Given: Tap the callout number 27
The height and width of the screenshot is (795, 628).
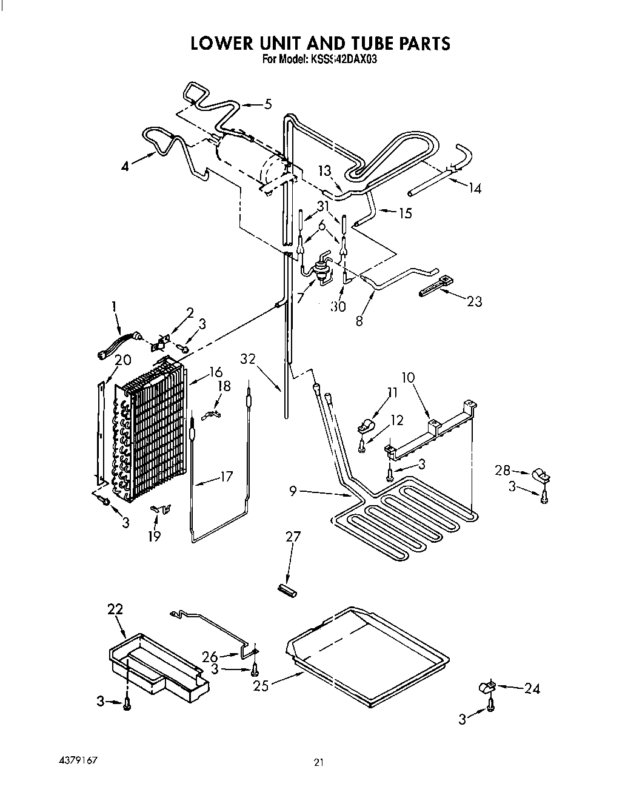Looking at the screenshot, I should [293, 537].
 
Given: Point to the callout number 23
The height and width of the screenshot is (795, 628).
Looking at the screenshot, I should [474, 301].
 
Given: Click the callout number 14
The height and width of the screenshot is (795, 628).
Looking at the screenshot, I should [475, 189].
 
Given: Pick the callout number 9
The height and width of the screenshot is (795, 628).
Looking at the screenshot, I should [293, 491].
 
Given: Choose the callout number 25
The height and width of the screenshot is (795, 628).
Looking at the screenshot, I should [261, 686].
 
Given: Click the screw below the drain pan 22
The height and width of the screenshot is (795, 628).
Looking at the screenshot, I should [126, 702].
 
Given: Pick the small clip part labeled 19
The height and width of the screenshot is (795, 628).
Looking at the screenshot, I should [162, 508].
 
